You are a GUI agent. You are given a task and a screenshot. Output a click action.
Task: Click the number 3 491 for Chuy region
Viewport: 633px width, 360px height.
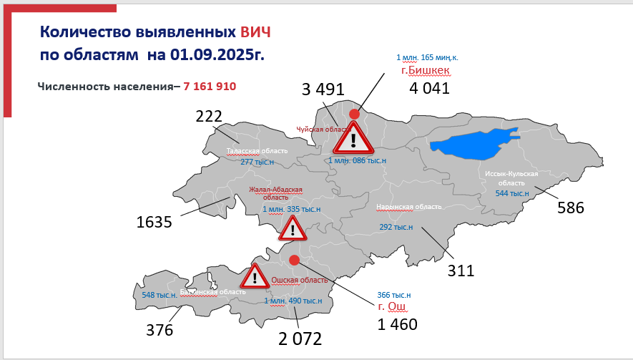coord(323,89)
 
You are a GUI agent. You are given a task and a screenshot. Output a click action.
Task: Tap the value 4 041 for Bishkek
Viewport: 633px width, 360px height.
coord(429,89)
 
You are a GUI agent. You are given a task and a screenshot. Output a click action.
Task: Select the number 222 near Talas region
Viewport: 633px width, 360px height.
coord(209,117)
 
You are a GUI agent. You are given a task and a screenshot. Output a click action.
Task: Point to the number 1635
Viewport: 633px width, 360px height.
coord(154,223)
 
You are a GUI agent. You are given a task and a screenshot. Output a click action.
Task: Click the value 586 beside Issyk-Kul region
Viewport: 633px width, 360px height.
coord(571,208)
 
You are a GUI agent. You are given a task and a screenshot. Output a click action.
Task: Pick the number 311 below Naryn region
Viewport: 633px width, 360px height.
coord(461,271)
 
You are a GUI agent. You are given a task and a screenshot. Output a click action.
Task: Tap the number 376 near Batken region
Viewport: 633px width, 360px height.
coord(160,330)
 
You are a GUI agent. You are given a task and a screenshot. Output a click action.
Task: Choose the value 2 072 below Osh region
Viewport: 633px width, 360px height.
coord(300,339)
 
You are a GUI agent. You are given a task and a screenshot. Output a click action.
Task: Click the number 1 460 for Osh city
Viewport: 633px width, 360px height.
coord(398,324)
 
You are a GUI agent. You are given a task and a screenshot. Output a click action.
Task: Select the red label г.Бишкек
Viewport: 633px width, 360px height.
coord(429,70)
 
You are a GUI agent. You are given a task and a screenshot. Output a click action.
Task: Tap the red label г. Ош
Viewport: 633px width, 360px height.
coord(392,307)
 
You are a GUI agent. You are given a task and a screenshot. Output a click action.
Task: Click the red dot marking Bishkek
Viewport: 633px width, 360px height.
coord(354,114)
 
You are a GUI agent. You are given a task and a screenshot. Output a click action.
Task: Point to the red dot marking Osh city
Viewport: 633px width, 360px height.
coord(293,259)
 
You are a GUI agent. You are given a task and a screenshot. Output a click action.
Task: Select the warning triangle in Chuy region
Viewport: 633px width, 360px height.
coord(353,138)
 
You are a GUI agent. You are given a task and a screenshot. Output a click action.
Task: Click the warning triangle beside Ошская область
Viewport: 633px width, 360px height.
coord(253,276)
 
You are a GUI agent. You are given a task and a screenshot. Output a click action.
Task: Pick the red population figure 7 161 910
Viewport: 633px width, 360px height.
coord(210,86)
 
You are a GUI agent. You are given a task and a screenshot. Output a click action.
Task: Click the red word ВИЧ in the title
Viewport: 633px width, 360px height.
coord(255,32)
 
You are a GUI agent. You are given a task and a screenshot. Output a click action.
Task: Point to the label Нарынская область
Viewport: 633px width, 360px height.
coord(408,207)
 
